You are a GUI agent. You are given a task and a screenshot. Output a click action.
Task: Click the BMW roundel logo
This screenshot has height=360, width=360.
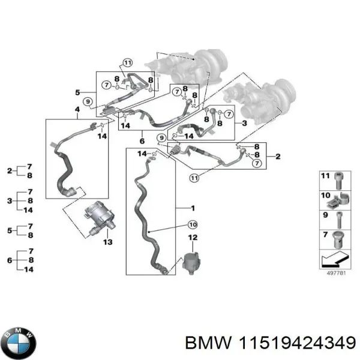click(19, 343)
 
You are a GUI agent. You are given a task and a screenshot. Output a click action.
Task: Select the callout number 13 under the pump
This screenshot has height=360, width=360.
click(107, 242)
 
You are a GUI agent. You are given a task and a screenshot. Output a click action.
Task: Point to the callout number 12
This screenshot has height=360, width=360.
click(193, 238)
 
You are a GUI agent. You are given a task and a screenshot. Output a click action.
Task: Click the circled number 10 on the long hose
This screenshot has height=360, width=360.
click(191, 225)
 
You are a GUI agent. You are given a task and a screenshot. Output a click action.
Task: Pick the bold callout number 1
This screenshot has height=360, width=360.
click(193, 208)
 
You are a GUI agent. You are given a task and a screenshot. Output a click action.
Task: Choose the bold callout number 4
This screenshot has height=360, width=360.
click(77, 109)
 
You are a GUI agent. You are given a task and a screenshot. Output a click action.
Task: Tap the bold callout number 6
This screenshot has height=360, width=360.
click(142, 141)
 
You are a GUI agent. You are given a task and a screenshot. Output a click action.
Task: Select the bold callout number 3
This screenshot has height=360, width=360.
click(244, 122)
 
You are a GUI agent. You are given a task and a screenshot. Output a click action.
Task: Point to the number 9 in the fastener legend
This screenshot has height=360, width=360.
click(325, 215)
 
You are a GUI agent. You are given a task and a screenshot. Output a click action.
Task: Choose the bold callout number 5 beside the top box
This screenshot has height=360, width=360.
click(77, 92)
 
